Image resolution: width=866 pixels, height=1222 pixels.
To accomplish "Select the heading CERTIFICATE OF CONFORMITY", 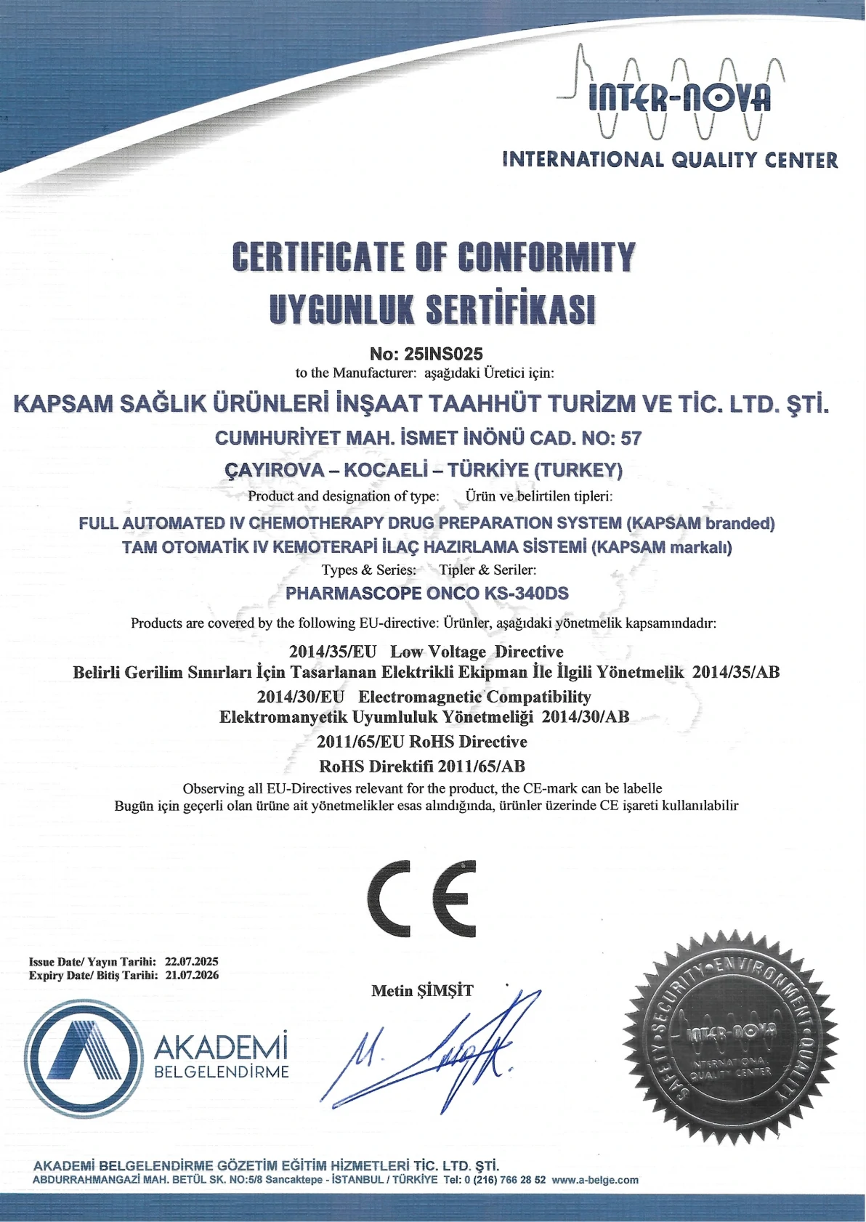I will click(434, 257).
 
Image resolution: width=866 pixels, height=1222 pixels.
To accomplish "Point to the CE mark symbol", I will click(422, 899).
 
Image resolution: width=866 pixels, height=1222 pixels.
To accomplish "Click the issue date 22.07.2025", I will click(192, 961).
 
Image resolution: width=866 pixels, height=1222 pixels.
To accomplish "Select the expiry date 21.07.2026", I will click(192, 975).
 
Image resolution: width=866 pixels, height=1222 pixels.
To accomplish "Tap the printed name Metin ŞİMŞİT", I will click(422, 991).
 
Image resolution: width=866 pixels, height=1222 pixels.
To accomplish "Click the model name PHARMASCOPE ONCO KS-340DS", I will click(427, 593).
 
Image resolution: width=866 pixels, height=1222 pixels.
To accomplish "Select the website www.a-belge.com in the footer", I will click(594, 1180).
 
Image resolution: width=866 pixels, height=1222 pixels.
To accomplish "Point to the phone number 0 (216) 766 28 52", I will click(505, 1180).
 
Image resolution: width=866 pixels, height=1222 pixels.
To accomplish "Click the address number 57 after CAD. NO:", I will click(631, 438).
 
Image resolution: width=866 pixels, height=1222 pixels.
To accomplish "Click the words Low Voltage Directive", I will click(477, 651).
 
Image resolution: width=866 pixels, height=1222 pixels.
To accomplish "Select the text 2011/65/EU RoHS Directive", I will click(422, 742).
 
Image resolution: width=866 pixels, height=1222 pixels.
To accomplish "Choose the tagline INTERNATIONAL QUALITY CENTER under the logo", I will click(670, 160).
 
